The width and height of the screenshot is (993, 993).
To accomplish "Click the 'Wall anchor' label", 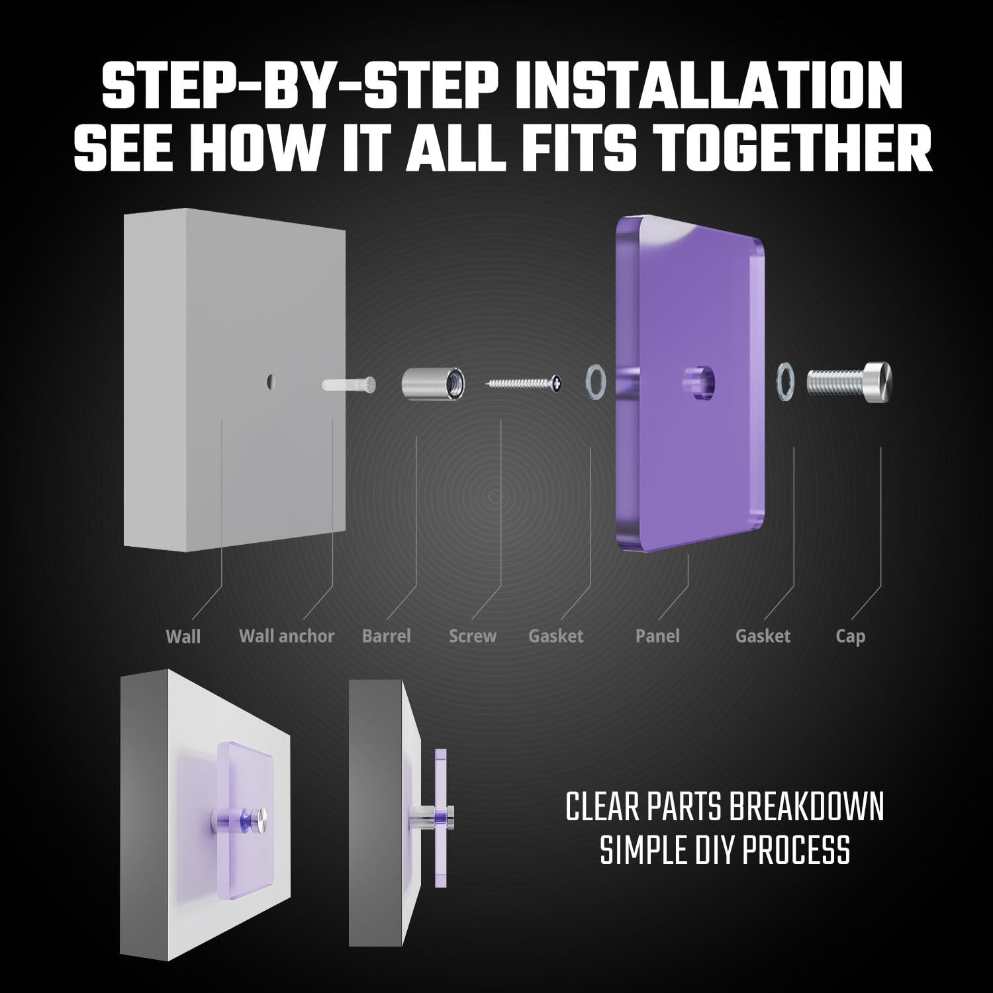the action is (287, 636).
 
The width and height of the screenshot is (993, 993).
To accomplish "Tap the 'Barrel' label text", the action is (387, 636).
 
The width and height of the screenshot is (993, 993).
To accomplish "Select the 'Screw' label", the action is (473, 636).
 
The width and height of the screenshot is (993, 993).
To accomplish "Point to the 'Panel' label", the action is (657, 636).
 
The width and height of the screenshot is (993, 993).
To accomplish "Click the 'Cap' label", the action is (851, 637).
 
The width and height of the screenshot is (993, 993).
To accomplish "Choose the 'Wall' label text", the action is (183, 636).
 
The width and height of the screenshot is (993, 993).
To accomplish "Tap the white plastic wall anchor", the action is (349, 383).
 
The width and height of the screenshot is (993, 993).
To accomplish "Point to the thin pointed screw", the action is (524, 383).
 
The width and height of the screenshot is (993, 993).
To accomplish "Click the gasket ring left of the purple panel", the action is (595, 383).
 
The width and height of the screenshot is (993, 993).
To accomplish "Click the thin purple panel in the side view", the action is (440, 817).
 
